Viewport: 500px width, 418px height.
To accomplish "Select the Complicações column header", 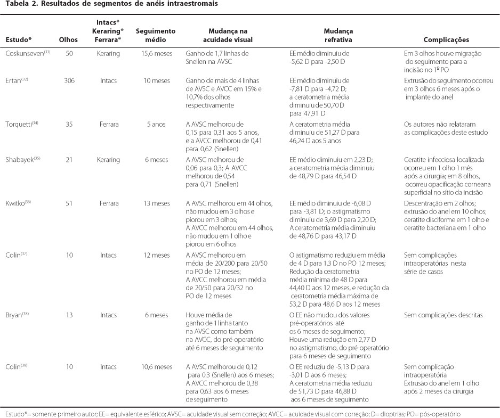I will click(x=446, y=40).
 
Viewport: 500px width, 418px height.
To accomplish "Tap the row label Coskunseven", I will click(x=25, y=54).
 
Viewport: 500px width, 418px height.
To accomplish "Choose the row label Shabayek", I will click(x=19, y=159).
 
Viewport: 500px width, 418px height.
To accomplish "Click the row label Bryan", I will click(x=15, y=315).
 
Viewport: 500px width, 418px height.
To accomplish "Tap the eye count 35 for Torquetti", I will click(x=69, y=123).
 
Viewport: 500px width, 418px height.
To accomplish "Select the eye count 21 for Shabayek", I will click(x=69, y=159).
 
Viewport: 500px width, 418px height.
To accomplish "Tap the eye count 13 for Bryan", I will click(x=69, y=315).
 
